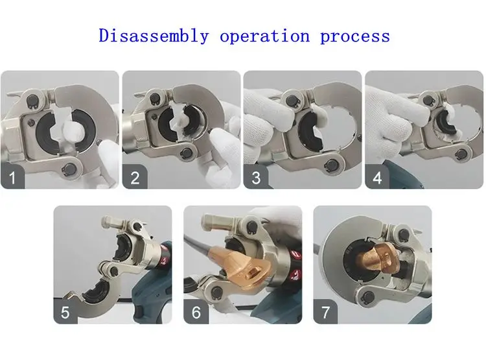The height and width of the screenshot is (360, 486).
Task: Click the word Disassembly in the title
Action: coord(154,36)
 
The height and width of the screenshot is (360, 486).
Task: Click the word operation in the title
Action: coord(264,36)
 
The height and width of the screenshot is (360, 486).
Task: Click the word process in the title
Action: coord(355,37)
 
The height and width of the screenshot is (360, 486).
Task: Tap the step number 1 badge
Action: coord(13,177)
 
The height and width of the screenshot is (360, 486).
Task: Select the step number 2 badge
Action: coord(135,177)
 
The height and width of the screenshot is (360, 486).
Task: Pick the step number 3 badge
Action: coord(256,177)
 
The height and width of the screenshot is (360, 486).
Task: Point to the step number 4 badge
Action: coord(377,177)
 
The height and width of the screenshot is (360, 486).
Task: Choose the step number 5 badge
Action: coord(65,311)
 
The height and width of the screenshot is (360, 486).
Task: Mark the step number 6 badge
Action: coord(196,311)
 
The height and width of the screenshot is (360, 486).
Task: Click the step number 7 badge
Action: coord(325,311)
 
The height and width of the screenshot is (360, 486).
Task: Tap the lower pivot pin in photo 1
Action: coord(70,170)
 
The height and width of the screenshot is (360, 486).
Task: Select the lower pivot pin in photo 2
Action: coord(187,152)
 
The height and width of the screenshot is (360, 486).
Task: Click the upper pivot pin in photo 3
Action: coord(292,100)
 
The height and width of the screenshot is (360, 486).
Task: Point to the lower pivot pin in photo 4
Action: coord(461,154)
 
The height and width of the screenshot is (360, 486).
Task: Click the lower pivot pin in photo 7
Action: coord(369,297)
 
